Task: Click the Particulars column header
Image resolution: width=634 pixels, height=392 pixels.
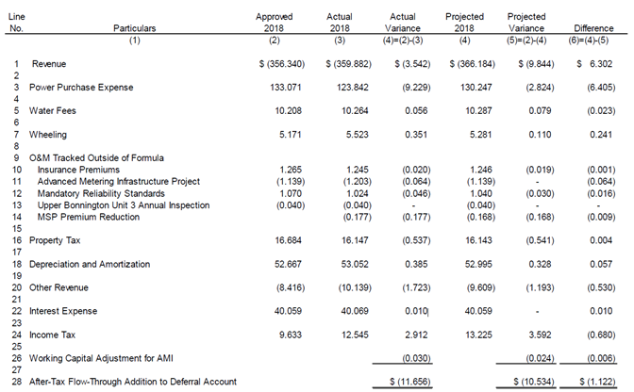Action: click(134, 28)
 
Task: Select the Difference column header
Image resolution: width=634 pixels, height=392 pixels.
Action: click(593, 28)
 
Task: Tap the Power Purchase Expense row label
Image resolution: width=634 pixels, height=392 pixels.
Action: click(81, 88)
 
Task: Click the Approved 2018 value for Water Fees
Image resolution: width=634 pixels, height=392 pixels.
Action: click(289, 110)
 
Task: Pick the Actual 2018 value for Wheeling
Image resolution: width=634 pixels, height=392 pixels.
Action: click(357, 135)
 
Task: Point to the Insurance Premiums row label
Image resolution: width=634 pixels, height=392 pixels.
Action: click(78, 170)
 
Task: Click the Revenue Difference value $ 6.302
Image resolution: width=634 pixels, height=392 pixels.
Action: click(594, 64)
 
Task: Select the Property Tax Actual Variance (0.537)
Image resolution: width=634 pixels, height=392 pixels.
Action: click(416, 240)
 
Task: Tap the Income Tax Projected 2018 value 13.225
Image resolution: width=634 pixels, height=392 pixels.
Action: click(478, 335)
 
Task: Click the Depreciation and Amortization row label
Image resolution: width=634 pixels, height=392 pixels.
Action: click(90, 264)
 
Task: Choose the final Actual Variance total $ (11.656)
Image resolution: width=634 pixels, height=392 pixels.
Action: click(410, 382)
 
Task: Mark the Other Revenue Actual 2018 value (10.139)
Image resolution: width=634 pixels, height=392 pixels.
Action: click(355, 287)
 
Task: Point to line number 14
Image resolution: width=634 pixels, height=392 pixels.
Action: click(17, 217)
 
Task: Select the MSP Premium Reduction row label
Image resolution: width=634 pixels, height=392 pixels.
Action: click(88, 217)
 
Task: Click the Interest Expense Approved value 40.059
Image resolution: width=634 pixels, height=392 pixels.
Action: click(288, 311)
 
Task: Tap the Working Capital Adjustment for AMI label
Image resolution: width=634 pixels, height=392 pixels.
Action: click(101, 358)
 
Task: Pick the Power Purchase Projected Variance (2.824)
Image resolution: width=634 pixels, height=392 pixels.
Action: click(540, 88)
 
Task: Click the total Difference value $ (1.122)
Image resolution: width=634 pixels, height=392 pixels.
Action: click(597, 382)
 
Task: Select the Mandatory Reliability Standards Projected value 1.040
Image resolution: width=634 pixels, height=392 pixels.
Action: click(481, 193)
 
